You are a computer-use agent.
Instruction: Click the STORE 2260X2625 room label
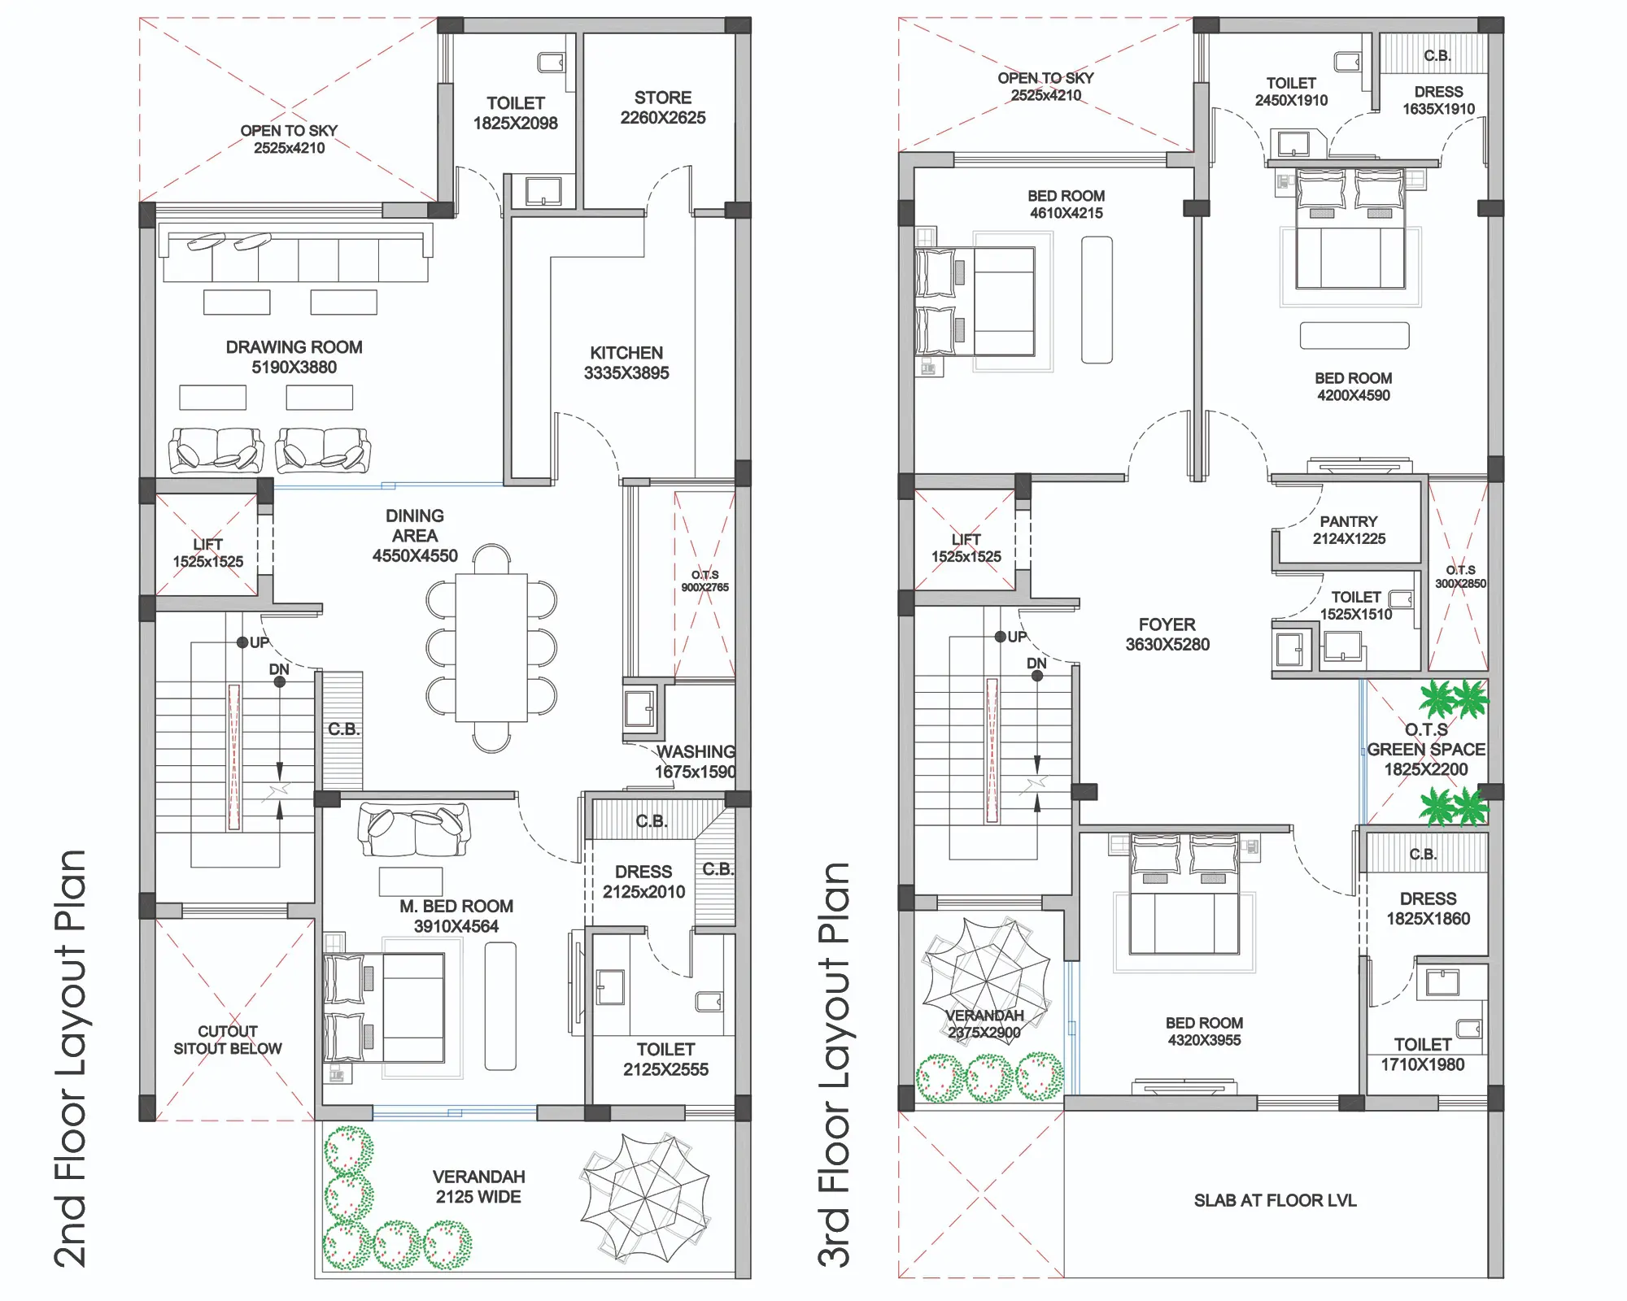coord(663,107)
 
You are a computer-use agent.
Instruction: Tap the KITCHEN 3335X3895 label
coord(626,363)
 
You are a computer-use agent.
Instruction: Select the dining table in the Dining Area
coord(491,648)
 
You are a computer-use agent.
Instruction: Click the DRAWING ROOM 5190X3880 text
coord(294,357)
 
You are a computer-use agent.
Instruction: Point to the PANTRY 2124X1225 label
coord(1349,530)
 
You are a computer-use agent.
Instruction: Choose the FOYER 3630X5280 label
coord(1167,634)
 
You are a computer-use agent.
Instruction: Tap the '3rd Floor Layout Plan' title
coord(834,1065)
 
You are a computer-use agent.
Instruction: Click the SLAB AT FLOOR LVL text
coord(1275,1200)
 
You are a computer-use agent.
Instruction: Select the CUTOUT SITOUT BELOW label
coord(228,1040)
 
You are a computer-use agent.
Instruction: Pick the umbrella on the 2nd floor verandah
coord(646,1198)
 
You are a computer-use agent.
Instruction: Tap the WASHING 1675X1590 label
coord(696,762)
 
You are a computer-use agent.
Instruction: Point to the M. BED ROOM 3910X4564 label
coord(456,916)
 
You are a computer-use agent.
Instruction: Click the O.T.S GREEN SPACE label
coord(1426,750)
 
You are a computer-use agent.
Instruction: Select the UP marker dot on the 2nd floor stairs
coord(242,642)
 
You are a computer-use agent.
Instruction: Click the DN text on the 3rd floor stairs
coord(1036,664)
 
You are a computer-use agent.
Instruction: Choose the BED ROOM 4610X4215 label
coord(1066,204)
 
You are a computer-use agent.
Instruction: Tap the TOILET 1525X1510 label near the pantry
coord(1356,606)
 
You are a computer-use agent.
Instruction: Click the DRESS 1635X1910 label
coord(1438,100)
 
